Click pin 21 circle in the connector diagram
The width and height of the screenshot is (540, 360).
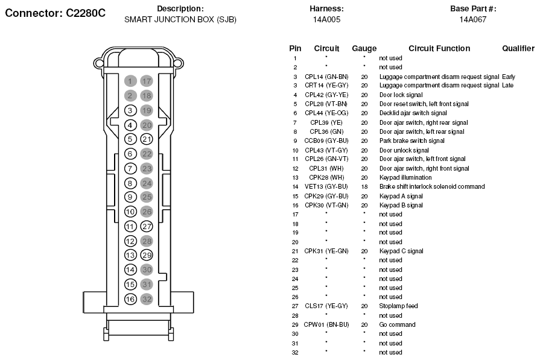pos(147,139)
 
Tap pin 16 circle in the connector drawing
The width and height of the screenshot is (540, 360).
pos(130,299)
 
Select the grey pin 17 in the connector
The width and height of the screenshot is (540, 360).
pos(147,81)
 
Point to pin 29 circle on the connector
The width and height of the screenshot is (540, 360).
pos(147,255)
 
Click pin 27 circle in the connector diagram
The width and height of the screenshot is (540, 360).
pos(147,227)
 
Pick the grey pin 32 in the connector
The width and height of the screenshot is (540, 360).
pos(147,299)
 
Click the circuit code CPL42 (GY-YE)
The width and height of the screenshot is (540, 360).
pos(326,95)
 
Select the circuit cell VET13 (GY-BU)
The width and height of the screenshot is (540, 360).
pos(326,186)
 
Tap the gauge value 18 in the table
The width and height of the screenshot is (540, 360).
pos(364,186)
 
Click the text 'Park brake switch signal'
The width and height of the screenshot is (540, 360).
pos(412,141)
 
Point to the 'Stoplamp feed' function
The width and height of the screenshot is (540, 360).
pos(398,306)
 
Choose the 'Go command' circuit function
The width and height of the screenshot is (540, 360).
pos(398,324)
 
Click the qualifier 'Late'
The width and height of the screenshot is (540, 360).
pos(507,86)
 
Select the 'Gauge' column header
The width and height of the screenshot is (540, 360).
pos(364,48)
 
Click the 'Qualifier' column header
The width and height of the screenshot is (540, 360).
pos(518,48)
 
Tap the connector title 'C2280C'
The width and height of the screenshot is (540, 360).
pos(86,13)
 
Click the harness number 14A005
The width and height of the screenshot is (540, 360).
pos(326,20)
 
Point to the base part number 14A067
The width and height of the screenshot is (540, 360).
pos(473,20)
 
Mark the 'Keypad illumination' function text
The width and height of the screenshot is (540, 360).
pos(405,178)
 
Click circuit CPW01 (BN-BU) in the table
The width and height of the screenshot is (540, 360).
pos(326,324)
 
